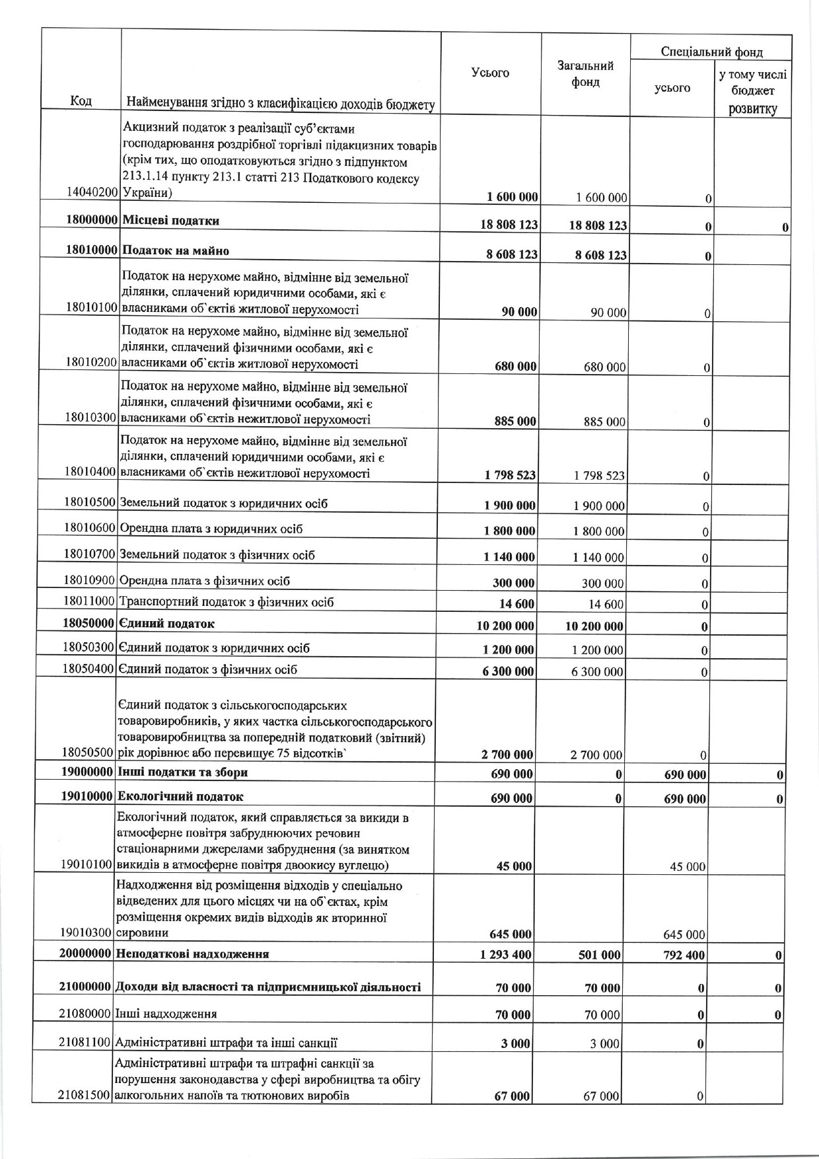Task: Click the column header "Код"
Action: coord(81,101)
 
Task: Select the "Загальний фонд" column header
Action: coord(585,73)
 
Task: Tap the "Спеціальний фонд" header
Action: coord(711,52)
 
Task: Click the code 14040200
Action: coord(92,192)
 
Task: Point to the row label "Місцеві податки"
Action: coord(171,221)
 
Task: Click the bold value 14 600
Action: coord(518,604)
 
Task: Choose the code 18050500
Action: coord(89,753)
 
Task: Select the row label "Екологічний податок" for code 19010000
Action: coord(180,797)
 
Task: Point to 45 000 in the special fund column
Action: coord(688,867)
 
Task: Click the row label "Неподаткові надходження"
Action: coord(192,954)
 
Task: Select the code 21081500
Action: coord(85,1096)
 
